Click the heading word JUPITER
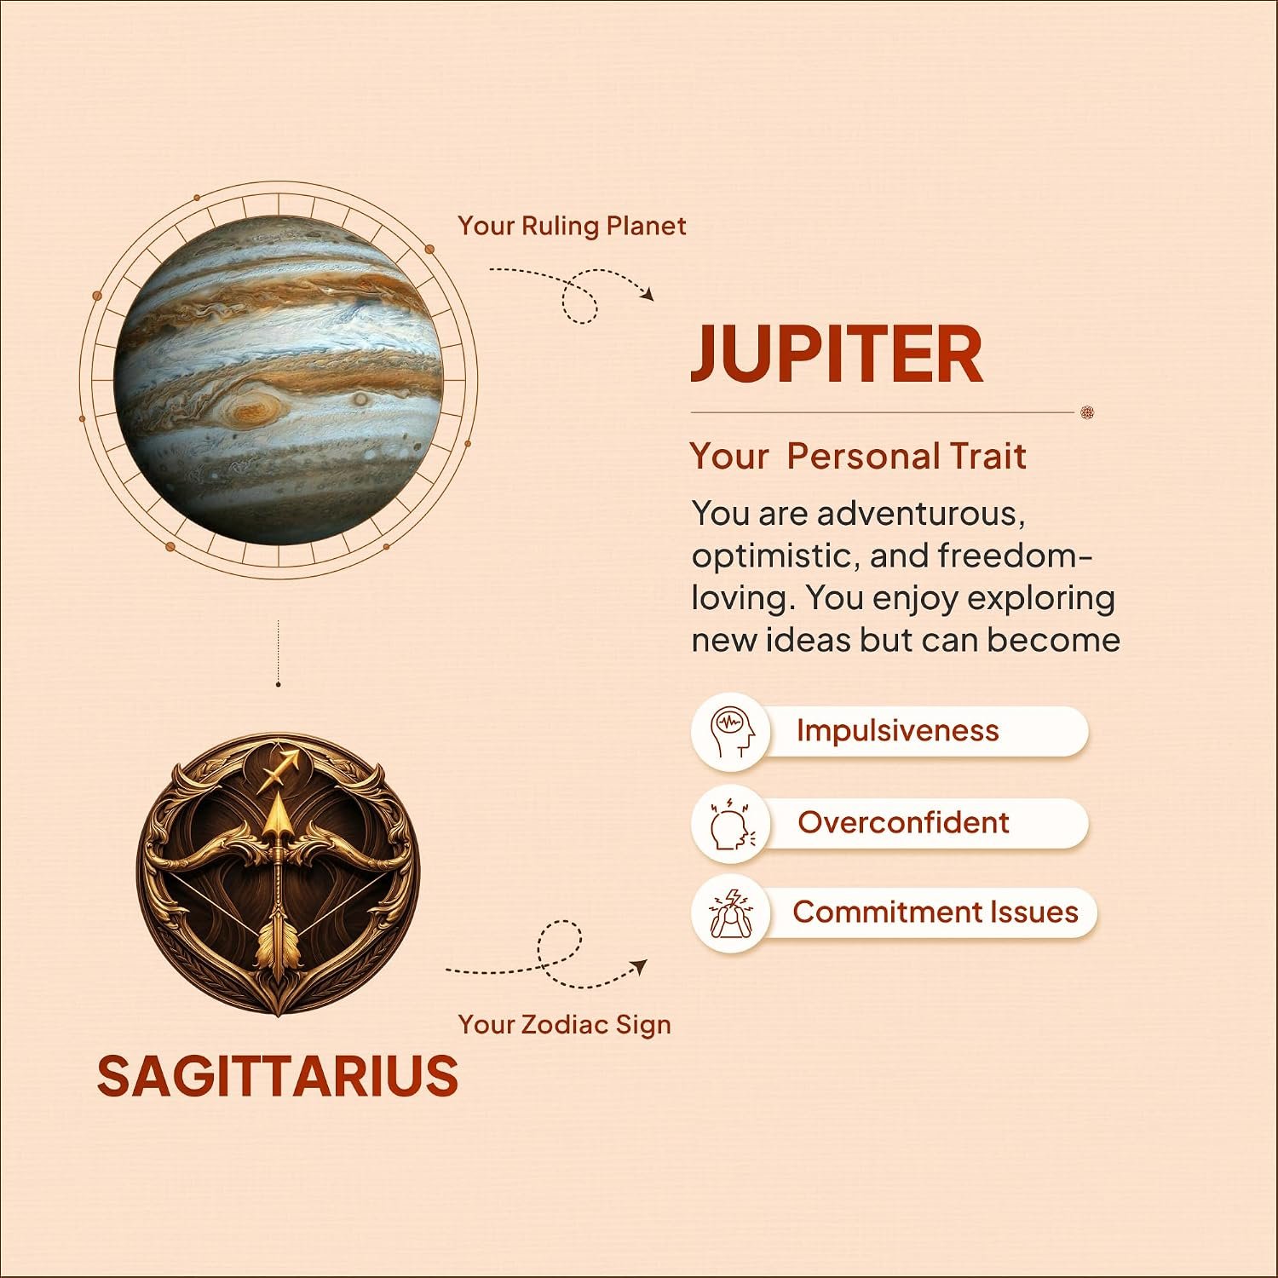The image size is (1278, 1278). point(837,354)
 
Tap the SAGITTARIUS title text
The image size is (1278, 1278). point(278,1075)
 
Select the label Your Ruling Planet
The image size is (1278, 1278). point(572,226)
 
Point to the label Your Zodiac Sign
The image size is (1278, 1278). point(564,1024)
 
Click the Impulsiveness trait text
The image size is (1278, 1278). point(897,731)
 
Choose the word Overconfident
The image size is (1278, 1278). point(903,822)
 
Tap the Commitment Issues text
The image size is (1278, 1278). point(935,912)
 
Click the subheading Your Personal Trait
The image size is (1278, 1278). point(858,456)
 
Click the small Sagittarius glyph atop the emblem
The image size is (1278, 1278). point(282,766)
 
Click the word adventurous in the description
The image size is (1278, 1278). point(921,514)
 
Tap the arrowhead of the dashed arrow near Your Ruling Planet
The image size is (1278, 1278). point(648,294)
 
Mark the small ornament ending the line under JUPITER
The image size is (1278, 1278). point(1086,412)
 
